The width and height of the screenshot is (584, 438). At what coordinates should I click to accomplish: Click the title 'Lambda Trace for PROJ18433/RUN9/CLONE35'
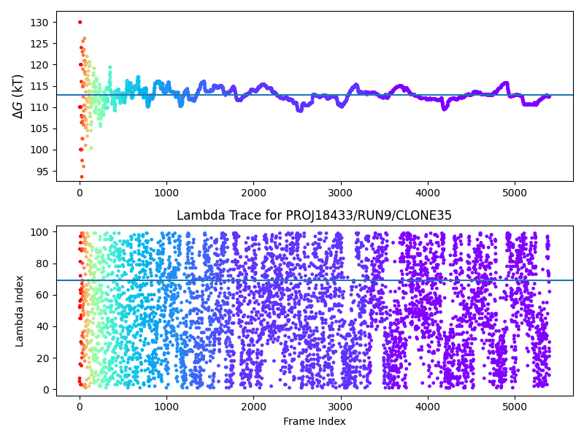tap(314, 215)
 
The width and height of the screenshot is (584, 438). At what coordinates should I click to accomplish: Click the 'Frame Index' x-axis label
tap(314, 421)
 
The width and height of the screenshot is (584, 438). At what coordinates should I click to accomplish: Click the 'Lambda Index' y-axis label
tap(20, 311)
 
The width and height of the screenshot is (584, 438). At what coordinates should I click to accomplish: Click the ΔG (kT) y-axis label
tap(18, 96)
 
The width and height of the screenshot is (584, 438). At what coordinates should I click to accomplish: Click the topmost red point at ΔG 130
tap(80, 22)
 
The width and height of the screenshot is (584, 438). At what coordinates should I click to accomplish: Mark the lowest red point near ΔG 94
tap(82, 177)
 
